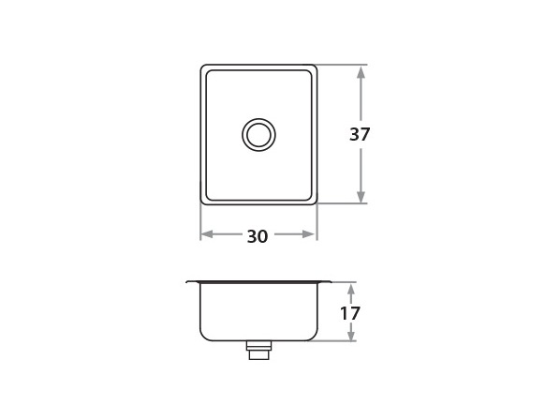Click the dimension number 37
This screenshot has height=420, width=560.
coord(360,134)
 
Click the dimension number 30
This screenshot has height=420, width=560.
coord(258,236)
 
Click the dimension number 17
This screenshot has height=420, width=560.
coord(350,313)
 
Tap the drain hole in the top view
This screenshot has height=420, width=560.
coord(258,135)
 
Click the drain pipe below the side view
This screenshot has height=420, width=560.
coord(258,351)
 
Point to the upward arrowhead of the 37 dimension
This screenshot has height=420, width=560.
coord(361,73)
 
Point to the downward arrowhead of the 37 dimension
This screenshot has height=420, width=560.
coord(361,196)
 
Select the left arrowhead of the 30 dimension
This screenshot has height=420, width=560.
coord(206,234)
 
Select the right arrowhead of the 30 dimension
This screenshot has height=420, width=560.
coord(309,234)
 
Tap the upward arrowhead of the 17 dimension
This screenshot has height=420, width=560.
coord(351,289)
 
